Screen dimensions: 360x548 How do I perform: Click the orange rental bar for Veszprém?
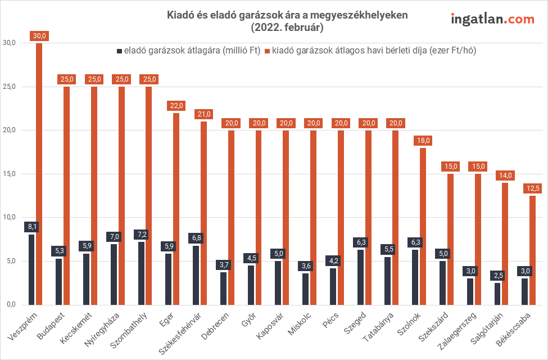click(x=39, y=174)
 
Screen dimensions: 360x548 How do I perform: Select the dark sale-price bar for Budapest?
click(x=58, y=281)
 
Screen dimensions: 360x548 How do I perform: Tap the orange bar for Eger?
click(x=176, y=209)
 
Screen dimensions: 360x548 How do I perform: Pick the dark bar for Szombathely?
click(x=141, y=273)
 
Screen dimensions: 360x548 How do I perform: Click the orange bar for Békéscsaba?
click(x=532, y=250)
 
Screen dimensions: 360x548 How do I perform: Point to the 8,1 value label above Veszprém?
click(x=31, y=227)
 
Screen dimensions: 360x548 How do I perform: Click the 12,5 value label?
click(x=532, y=188)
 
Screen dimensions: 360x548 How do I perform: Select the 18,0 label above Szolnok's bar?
click(x=423, y=140)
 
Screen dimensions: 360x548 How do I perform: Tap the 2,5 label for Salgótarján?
click(x=497, y=275)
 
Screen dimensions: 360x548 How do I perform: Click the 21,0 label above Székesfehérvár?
click(x=203, y=114)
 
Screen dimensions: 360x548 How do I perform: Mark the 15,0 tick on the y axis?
click(x=10, y=174)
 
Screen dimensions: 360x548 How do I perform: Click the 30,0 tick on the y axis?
click(x=10, y=43)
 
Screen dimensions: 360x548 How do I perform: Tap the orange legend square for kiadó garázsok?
click(x=268, y=51)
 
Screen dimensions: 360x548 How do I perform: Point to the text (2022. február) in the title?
click(x=287, y=27)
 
